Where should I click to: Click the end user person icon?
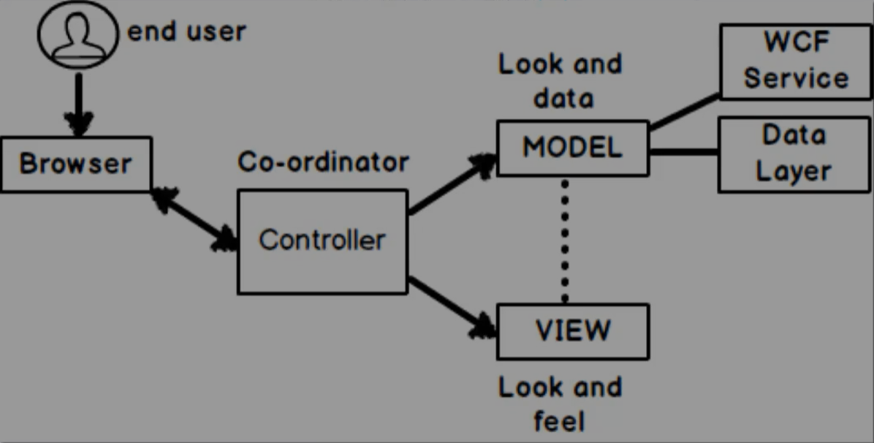point(77,35)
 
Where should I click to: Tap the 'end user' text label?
point(187,32)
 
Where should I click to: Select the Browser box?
point(75,164)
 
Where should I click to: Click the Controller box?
point(322,241)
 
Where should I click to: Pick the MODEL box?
point(572,148)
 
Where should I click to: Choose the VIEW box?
point(572,331)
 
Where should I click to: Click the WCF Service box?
point(796,61)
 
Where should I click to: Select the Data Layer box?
point(794,154)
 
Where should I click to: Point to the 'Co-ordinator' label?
point(323,162)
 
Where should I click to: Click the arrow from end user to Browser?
point(78,102)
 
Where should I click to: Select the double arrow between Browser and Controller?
point(194,220)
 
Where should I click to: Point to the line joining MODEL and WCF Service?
point(684,112)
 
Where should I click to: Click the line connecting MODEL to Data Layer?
point(683,152)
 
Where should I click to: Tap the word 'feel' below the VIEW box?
point(560,422)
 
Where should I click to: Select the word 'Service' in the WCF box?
point(796,77)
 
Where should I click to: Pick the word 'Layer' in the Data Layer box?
point(794,171)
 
